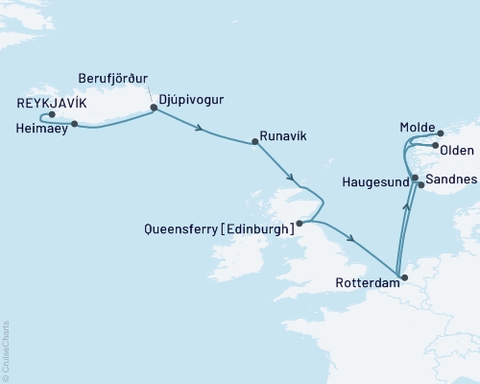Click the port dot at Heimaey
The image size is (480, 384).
tap(74, 123)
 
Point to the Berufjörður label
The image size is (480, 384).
tap(115, 78)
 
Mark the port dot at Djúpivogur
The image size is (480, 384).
tap(154, 108)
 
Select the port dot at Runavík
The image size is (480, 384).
tap(254, 143)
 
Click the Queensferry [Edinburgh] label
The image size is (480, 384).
tap(216, 229)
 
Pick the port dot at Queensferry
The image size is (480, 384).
tap(300, 223)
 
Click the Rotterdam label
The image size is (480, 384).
tap(366, 283)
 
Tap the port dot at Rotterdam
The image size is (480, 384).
tap(403, 278)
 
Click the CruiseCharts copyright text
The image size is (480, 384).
tap(7, 350)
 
